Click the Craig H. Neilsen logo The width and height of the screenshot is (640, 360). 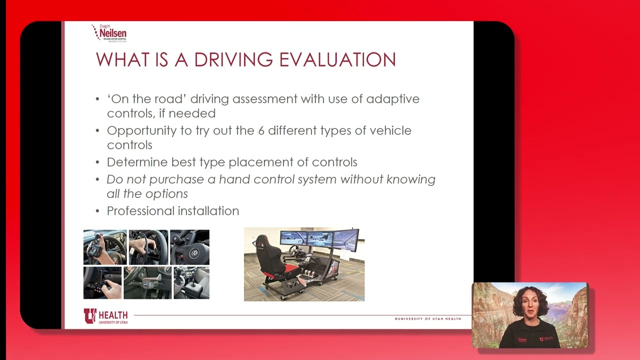pyautogui.click(x=109, y=33)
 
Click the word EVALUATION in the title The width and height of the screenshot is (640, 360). pyautogui.click(x=337, y=60)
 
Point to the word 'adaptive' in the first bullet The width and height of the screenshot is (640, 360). pyautogui.click(x=392, y=99)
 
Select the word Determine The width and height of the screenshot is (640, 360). pyautogui.click(x=137, y=162)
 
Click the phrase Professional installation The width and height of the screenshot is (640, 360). pyautogui.click(x=172, y=211)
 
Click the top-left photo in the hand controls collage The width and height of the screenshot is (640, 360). pyautogui.click(x=105, y=247)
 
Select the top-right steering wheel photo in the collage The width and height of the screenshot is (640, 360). pyautogui.click(x=189, y=247)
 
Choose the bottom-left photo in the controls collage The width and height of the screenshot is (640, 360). pyautogui.click(x=102, y=282)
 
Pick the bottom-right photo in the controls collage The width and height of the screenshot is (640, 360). pyautogui.click(x=191, y=282)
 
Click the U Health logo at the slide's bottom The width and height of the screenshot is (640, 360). pyautogui.click(x=105, y=316)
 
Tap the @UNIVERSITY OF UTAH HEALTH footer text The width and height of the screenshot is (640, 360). pyautogui.click(x=428, y=318)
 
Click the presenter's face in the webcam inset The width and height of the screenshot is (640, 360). pyautogui.click(x=529, y=307)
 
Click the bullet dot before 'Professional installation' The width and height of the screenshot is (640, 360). pyautogui.click(x=97, y=211)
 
